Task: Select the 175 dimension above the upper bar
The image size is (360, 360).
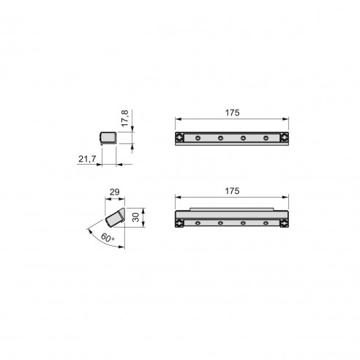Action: coord(231,114)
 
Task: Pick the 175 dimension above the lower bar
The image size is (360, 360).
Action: coord(231,190)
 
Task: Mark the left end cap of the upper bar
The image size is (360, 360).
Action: coord(180,138)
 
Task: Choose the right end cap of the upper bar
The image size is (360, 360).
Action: coord(282,138)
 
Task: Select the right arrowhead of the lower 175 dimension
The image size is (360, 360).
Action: coord(285,197)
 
